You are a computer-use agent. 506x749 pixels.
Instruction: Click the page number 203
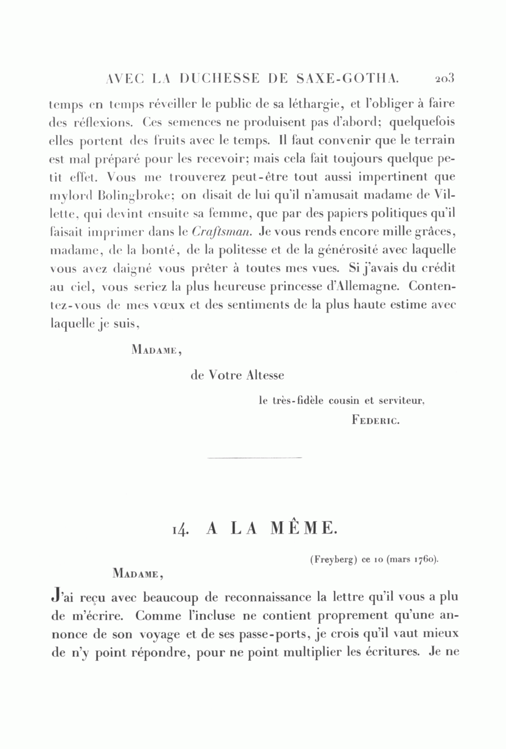(x=444, y=78)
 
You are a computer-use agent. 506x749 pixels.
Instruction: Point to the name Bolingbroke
(x=132, y=196)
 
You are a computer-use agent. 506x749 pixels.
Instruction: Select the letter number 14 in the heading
(x=183, y=529)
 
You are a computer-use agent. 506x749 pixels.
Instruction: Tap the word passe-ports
(x=281, y=634)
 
